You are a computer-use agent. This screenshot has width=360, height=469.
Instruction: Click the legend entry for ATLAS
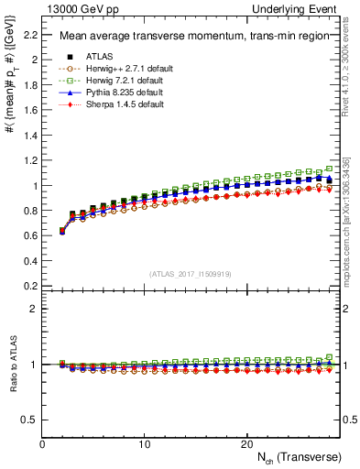[99, 57]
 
